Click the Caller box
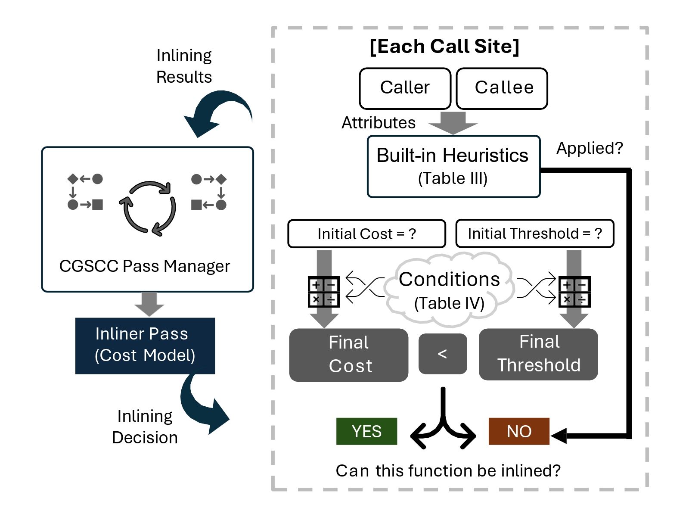tap(405, 88)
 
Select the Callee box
tap(502, 88)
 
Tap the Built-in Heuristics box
tap(453, 166)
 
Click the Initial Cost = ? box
tap(366, 234)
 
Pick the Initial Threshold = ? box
tap(534, 234)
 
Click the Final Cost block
tap(348, 355)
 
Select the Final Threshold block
tap(538, 354)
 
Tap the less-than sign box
tap(443, 354)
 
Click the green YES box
tap(366, 431)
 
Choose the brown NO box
tap(519, 431)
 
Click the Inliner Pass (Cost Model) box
tap(145, 346)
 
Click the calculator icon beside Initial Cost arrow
tap(324, 292)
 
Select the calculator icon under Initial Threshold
tap(574, 292)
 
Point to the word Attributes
tap(379, 123)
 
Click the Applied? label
tap(590, 148)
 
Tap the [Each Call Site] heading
tap(444, 47)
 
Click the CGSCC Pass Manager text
tap(145, 266)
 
